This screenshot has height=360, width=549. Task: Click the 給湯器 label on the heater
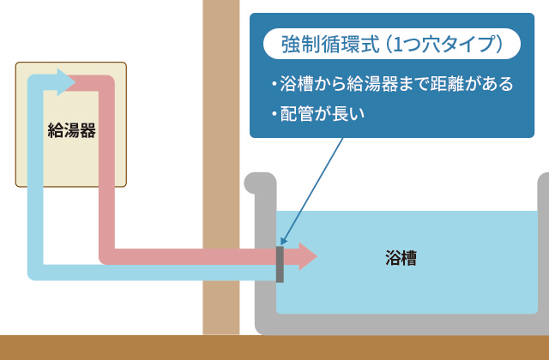[x=70, y=131]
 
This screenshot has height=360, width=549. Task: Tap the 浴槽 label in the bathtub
[x=401, y=257]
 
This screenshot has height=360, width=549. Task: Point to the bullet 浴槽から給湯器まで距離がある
[x=390, y=84]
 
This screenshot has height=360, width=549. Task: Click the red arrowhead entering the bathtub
[x=305, y=256]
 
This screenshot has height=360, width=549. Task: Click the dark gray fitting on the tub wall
[x=280, y=264]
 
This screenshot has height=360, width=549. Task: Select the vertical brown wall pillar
[x=220, y=129]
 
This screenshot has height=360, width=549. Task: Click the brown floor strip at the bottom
[x=274, y=347]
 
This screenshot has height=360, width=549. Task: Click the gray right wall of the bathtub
[x=543, y=257]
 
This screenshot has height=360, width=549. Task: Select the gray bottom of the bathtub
[x=403, y=324]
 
